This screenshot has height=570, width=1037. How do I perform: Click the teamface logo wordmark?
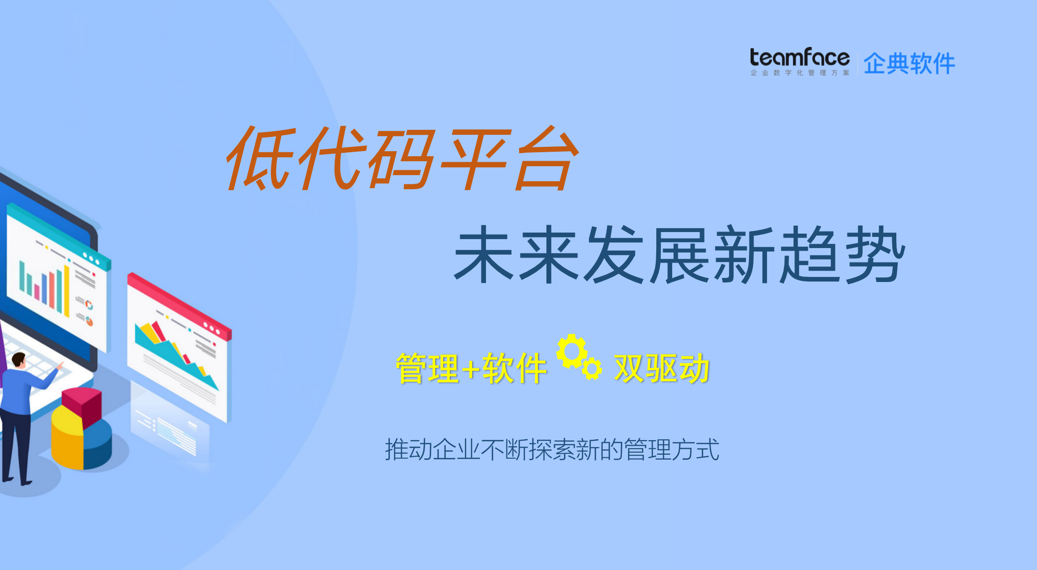pos(799,57)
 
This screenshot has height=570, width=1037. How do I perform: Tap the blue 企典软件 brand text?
pos(909,64)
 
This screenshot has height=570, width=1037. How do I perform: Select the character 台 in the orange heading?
pos(546,159)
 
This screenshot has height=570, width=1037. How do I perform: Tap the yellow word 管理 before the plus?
pos(427,369)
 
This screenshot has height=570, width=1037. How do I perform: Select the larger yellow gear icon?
pos(571,351)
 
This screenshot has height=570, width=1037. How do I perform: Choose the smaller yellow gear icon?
pos(592,369)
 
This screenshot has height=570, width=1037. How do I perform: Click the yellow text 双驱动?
pos(662,369)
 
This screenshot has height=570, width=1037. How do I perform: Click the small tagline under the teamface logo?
pos(799,73)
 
